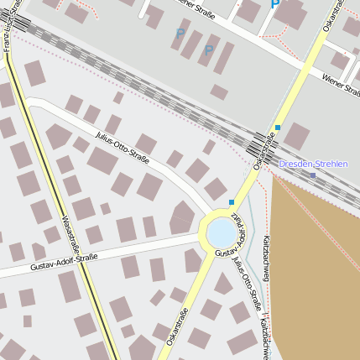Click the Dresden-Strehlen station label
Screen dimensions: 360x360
[x=312, y=164]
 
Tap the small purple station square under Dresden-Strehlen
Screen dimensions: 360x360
[x=313, y=175]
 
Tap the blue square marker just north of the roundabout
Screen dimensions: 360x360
[x=232, y=202]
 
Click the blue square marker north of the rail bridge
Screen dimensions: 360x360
[x=278, y=128]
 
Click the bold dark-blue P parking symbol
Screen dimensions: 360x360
[x=275, y=4]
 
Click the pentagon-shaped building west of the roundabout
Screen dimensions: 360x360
[x=181, y=218]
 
